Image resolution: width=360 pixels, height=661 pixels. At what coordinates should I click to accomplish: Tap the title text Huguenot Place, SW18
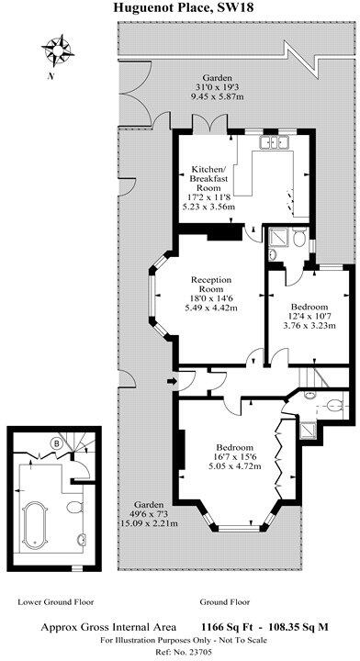point(179,8)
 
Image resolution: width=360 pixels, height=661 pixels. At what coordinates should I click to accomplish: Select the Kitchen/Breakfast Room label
point(212,175)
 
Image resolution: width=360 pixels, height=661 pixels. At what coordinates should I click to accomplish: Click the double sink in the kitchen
point(274,143)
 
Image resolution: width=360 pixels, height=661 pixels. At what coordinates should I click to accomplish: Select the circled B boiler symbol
point(56,443)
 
